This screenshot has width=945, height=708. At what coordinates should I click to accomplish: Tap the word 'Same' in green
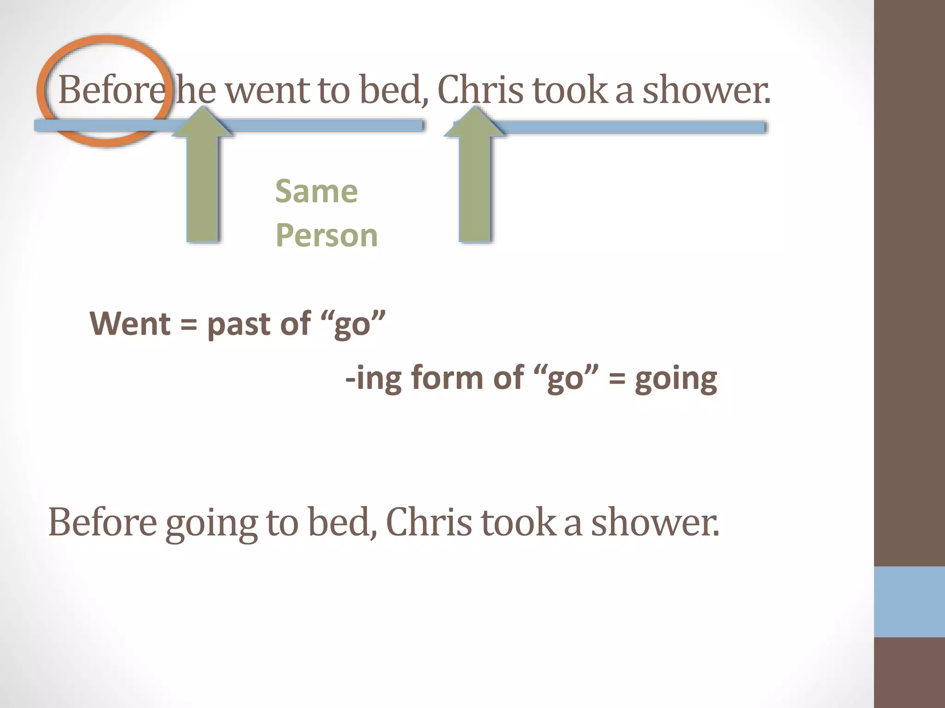tap(317, 191)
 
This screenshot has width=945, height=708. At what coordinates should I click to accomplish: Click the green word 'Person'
tap(327, 236)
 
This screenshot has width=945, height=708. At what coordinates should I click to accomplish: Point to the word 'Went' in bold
tap(131, 324)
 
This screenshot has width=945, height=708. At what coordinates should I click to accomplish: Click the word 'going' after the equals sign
tap(676, 379)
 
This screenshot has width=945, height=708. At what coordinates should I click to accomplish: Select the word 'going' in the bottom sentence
tap(211, 523)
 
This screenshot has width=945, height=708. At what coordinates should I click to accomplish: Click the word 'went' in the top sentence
tap(268, 90)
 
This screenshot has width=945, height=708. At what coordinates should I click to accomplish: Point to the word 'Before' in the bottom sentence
tap(102, 523)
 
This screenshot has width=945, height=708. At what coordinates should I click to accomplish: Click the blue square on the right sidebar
tap(909, 602)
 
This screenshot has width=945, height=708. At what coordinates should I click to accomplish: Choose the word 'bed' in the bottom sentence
tap(342, 523)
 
